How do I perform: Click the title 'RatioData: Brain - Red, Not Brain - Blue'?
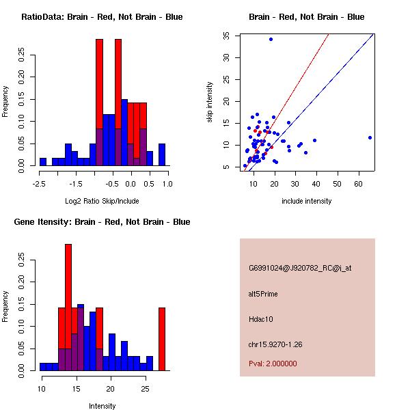(102, 17)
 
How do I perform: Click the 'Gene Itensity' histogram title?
(102, 222)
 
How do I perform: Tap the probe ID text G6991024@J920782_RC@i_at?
(300, 269)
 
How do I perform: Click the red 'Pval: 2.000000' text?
(273, 364)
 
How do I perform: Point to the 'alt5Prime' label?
(263, 294)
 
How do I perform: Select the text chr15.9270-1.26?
(275, 344)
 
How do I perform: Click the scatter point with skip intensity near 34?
(271, 39)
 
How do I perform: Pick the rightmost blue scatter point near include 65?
(370, 137)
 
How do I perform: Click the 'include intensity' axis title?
(307, 201)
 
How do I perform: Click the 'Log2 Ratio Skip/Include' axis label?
(102, 201)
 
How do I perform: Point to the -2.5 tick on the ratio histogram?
(40, 184)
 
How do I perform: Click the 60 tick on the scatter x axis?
(359, 184)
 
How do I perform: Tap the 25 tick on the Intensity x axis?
(145, 389)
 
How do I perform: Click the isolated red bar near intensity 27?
(162, 339)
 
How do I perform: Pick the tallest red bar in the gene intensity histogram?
(68, 287)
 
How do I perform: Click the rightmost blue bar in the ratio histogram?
(162, 154)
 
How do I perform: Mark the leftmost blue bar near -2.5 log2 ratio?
(42, 162)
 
